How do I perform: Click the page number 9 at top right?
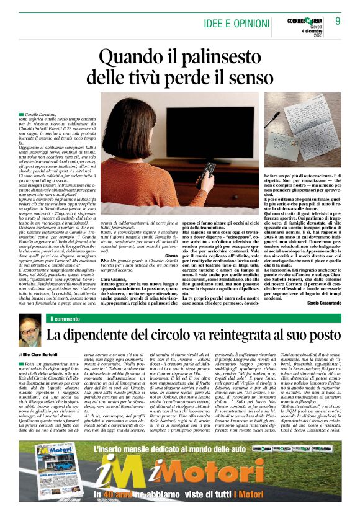[338, 21]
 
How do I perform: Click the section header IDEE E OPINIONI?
[238, 24]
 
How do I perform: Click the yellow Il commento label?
[65, 319]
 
